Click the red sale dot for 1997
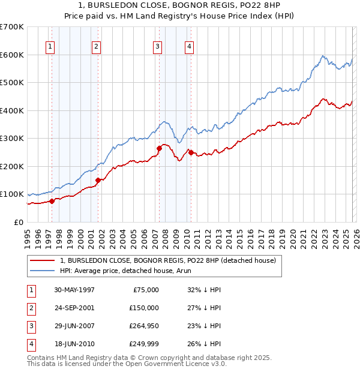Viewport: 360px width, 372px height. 52,201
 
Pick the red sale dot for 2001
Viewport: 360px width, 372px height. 98,179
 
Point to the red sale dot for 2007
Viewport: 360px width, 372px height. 159,148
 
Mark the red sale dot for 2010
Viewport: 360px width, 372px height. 191,152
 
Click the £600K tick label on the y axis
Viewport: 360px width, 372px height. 12,55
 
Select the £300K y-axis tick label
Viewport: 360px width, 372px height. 12,139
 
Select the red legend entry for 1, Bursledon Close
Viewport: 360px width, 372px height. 167,260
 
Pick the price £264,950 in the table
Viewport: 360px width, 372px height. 143,325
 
